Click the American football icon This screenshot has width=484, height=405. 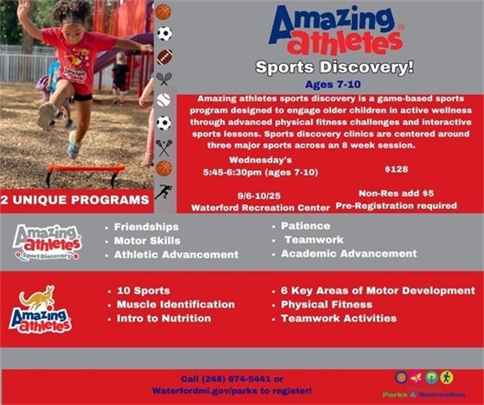pos(163,56)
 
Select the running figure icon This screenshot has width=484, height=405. pos(163,191)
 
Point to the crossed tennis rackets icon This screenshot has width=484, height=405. pos(163,79)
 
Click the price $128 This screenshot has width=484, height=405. pos(396,169)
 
